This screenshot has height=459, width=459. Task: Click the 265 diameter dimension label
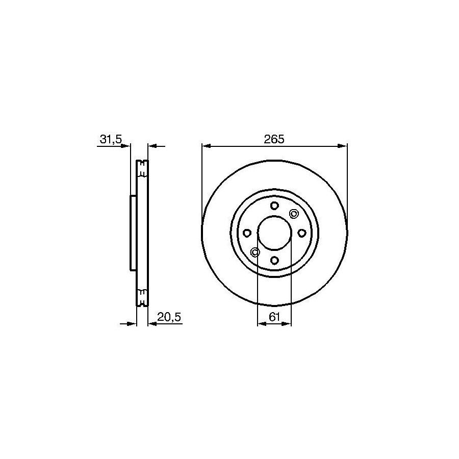pos(274,139)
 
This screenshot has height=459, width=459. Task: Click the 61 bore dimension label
pos(274,317)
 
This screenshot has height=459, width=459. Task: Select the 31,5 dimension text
pos(111,139)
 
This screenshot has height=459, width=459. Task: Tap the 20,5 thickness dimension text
pos(169,317)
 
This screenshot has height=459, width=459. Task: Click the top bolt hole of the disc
pos(274,206)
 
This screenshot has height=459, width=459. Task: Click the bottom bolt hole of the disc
pos(274,260)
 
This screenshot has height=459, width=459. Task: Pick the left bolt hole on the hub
pos(247,233)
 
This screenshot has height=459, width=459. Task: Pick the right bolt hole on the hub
pos(301,233)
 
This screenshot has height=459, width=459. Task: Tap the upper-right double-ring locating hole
pos(293,214)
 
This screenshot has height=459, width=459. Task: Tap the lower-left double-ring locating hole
pos(256,252)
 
